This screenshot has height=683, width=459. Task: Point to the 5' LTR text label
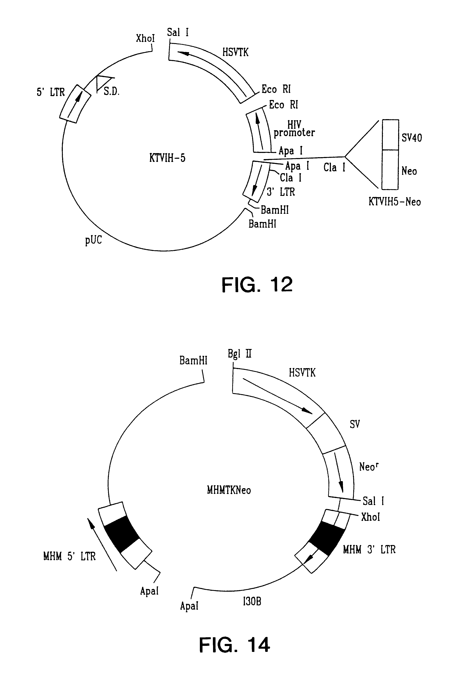point(51,92)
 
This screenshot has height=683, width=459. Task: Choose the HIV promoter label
point(294,129)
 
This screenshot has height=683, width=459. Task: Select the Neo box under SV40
point(390,169)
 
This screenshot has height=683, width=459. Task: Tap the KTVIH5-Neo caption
point(395,202)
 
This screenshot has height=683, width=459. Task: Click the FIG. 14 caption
point(235,645)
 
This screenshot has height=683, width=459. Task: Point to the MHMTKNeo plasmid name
point(229,490)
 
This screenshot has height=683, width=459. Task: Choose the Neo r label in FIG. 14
point(369,466)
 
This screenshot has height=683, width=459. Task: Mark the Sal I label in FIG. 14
point(373,501)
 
